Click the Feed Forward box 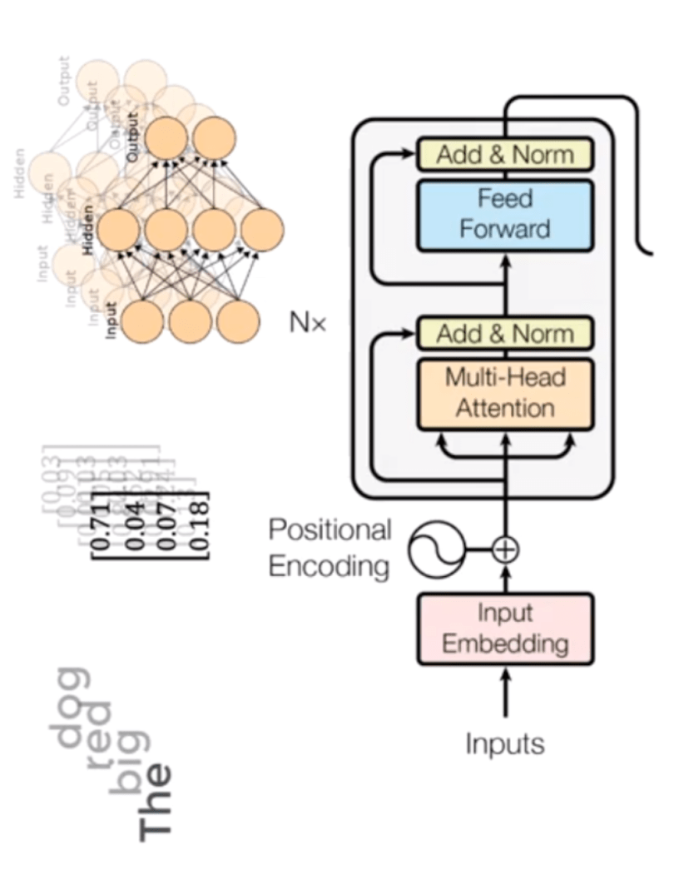504,214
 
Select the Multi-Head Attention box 504,394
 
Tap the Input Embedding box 504,629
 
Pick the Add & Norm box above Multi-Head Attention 504,335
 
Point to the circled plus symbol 505,549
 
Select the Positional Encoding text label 330,548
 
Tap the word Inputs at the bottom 504,743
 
